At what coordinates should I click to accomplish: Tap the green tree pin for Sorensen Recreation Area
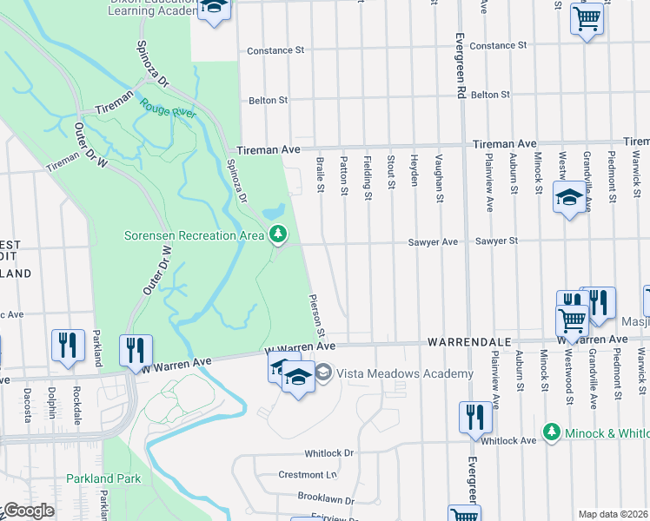(278, 234)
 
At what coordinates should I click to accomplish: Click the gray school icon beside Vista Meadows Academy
(324, 373)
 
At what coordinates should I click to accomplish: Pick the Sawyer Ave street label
(433, 242)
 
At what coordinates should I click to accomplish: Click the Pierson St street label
(318, 315)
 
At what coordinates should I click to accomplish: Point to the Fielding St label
(368, 178)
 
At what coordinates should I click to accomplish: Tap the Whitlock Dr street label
(329, 453)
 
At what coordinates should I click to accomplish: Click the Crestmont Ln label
(307, 475)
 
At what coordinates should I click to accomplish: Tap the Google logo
(28, 511)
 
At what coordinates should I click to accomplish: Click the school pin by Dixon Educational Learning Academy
(214, 8)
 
